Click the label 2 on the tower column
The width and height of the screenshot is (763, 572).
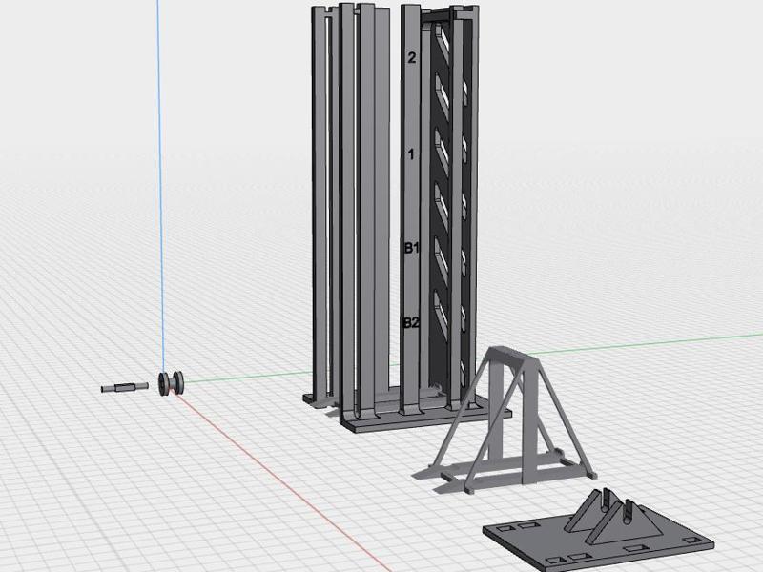[412, 58]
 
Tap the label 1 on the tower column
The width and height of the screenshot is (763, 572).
[411, 154]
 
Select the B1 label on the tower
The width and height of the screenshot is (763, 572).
[412, 248]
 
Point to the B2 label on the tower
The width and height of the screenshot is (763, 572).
[411, 322]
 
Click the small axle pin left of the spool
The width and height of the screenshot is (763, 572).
[125, 388]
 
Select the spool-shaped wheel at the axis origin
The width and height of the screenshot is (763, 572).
[172, 383]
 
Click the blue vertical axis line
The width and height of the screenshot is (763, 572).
[160, 185]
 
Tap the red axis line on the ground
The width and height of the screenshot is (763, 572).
[282, 481]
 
